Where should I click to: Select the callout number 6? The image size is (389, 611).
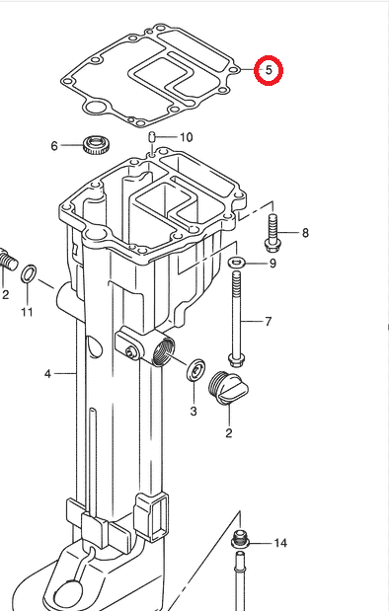[x=55, y=147]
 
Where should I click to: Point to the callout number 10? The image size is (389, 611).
[x=186, y=137]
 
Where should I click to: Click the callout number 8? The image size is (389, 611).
[x=305, y=234]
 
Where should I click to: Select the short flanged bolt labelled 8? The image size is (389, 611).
[x=272, y=234]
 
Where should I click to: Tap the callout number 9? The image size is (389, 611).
[x=272, y=264]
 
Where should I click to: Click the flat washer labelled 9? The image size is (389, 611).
[x=237, y=263]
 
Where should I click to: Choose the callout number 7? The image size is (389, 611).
[x=267, y=322]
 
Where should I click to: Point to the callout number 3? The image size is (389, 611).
[x=194, y=411]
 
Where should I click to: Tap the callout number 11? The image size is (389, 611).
[x=27, y=313]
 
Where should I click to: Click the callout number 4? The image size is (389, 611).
[x=46, y=374]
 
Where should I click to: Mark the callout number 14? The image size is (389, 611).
[x=280, y=543]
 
